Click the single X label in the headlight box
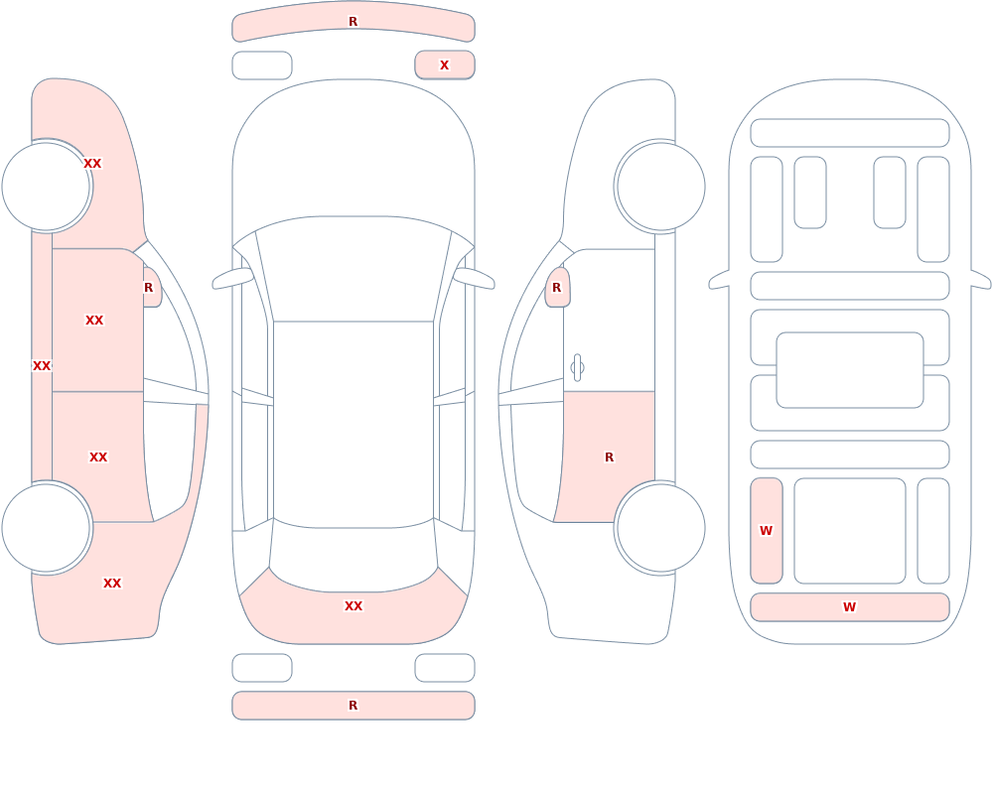444,66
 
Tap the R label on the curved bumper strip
353,22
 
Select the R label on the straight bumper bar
353,706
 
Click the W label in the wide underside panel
849,607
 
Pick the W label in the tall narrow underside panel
766,531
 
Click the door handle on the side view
577,368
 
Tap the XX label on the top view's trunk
354,606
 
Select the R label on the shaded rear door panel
610,458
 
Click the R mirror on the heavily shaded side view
152,288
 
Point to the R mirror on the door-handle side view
557,288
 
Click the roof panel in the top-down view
354,423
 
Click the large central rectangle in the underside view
849,370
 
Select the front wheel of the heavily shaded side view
47,187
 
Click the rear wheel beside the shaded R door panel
660,528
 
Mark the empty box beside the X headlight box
262,66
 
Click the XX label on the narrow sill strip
42,366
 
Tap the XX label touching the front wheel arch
92,164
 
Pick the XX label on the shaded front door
94,321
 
